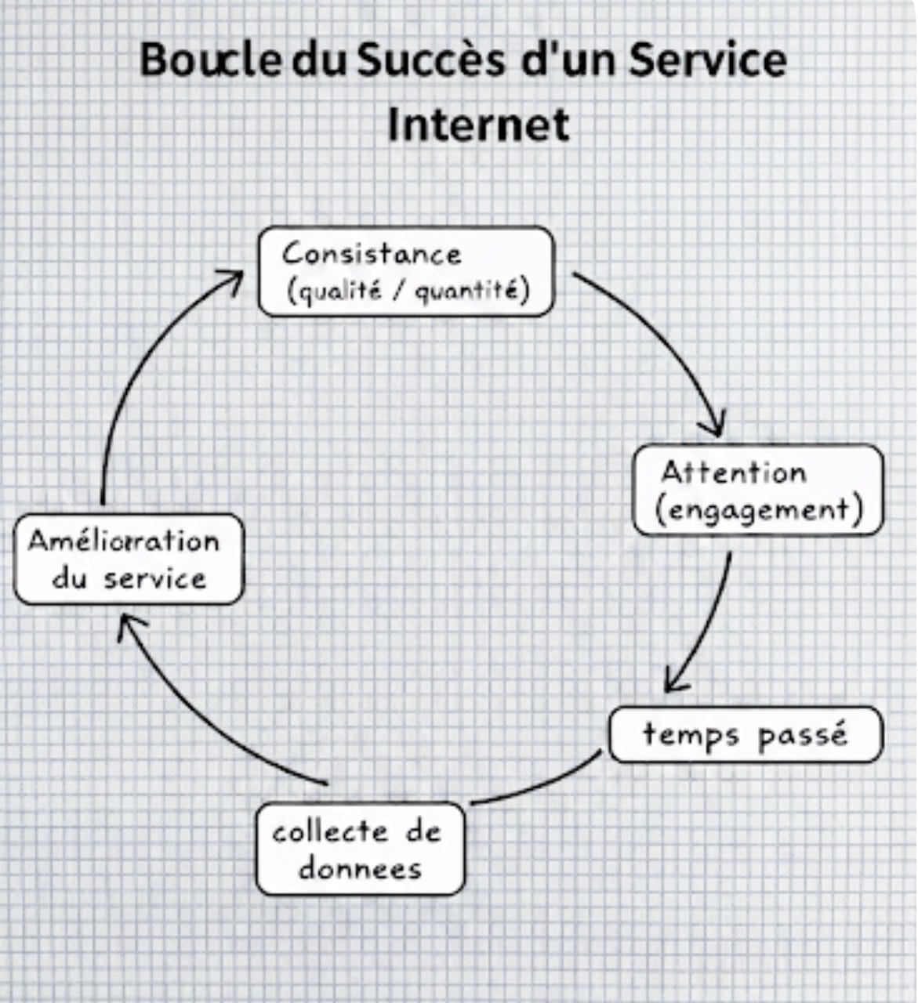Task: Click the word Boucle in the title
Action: click(210, 60)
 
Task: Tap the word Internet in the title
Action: click(478, 125)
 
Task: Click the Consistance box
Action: click(406, 271)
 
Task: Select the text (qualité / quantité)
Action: click(408, 291)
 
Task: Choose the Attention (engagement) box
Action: click(757, 491)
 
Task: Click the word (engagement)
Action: click(758, 510)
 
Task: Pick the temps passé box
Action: click(746, 735)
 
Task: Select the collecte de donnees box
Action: click(360, 849)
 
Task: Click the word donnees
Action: click(360, 868)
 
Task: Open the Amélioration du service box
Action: click(129, 559)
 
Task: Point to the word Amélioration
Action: click(124, 541)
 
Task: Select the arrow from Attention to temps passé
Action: click(706, 627)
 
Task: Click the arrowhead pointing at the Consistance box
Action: click(234, 278)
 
